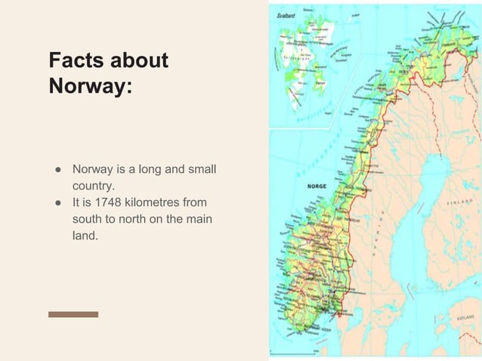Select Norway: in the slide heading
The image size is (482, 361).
(x=89, y=86)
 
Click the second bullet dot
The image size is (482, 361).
(x=56, y=202)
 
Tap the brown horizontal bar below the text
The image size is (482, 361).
(x=73, y=314)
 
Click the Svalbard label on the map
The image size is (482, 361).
(x=286, y=15)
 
